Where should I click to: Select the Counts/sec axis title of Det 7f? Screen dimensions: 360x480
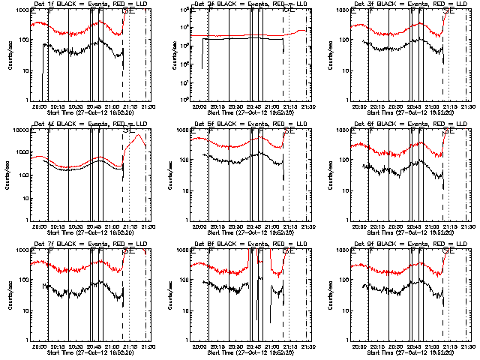(x=10, y=293)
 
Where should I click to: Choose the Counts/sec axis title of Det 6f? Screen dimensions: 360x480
(x=330, y=173)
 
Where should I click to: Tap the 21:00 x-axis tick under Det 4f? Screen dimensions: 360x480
(x=112, y=225)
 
